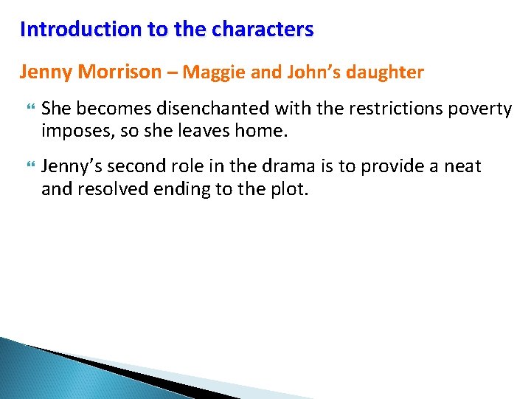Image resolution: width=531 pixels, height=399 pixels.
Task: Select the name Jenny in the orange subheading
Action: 46,72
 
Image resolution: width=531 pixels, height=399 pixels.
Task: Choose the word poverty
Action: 482,109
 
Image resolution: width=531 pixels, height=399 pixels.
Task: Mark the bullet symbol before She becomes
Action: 29,109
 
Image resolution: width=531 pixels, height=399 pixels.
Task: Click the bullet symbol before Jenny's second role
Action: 29,167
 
